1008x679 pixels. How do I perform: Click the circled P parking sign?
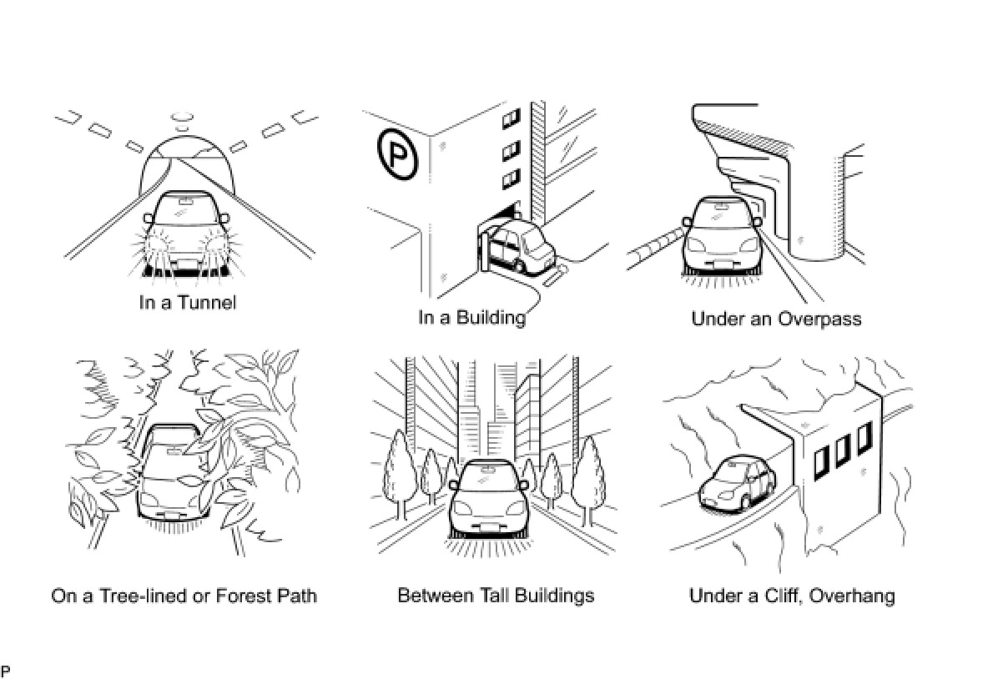click(x=396, y=153)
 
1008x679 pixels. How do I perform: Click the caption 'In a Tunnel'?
click(x=188, y=302)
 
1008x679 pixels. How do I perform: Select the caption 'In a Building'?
click(x=471, y=318)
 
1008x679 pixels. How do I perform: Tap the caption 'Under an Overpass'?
click(x=776, y=319)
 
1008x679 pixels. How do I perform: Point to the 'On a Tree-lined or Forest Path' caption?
click(x=184, y=596)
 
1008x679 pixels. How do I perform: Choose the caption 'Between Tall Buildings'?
click(x=496, y=596)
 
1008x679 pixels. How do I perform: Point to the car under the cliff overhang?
click(x=737, y=484)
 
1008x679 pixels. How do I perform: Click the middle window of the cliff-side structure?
click(x=842, y=448)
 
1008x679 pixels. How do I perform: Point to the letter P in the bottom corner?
click(x=6, y=671)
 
